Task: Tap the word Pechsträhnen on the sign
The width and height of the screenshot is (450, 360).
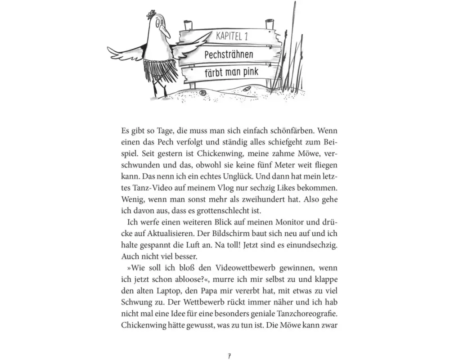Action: click(x=229, y=54)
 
